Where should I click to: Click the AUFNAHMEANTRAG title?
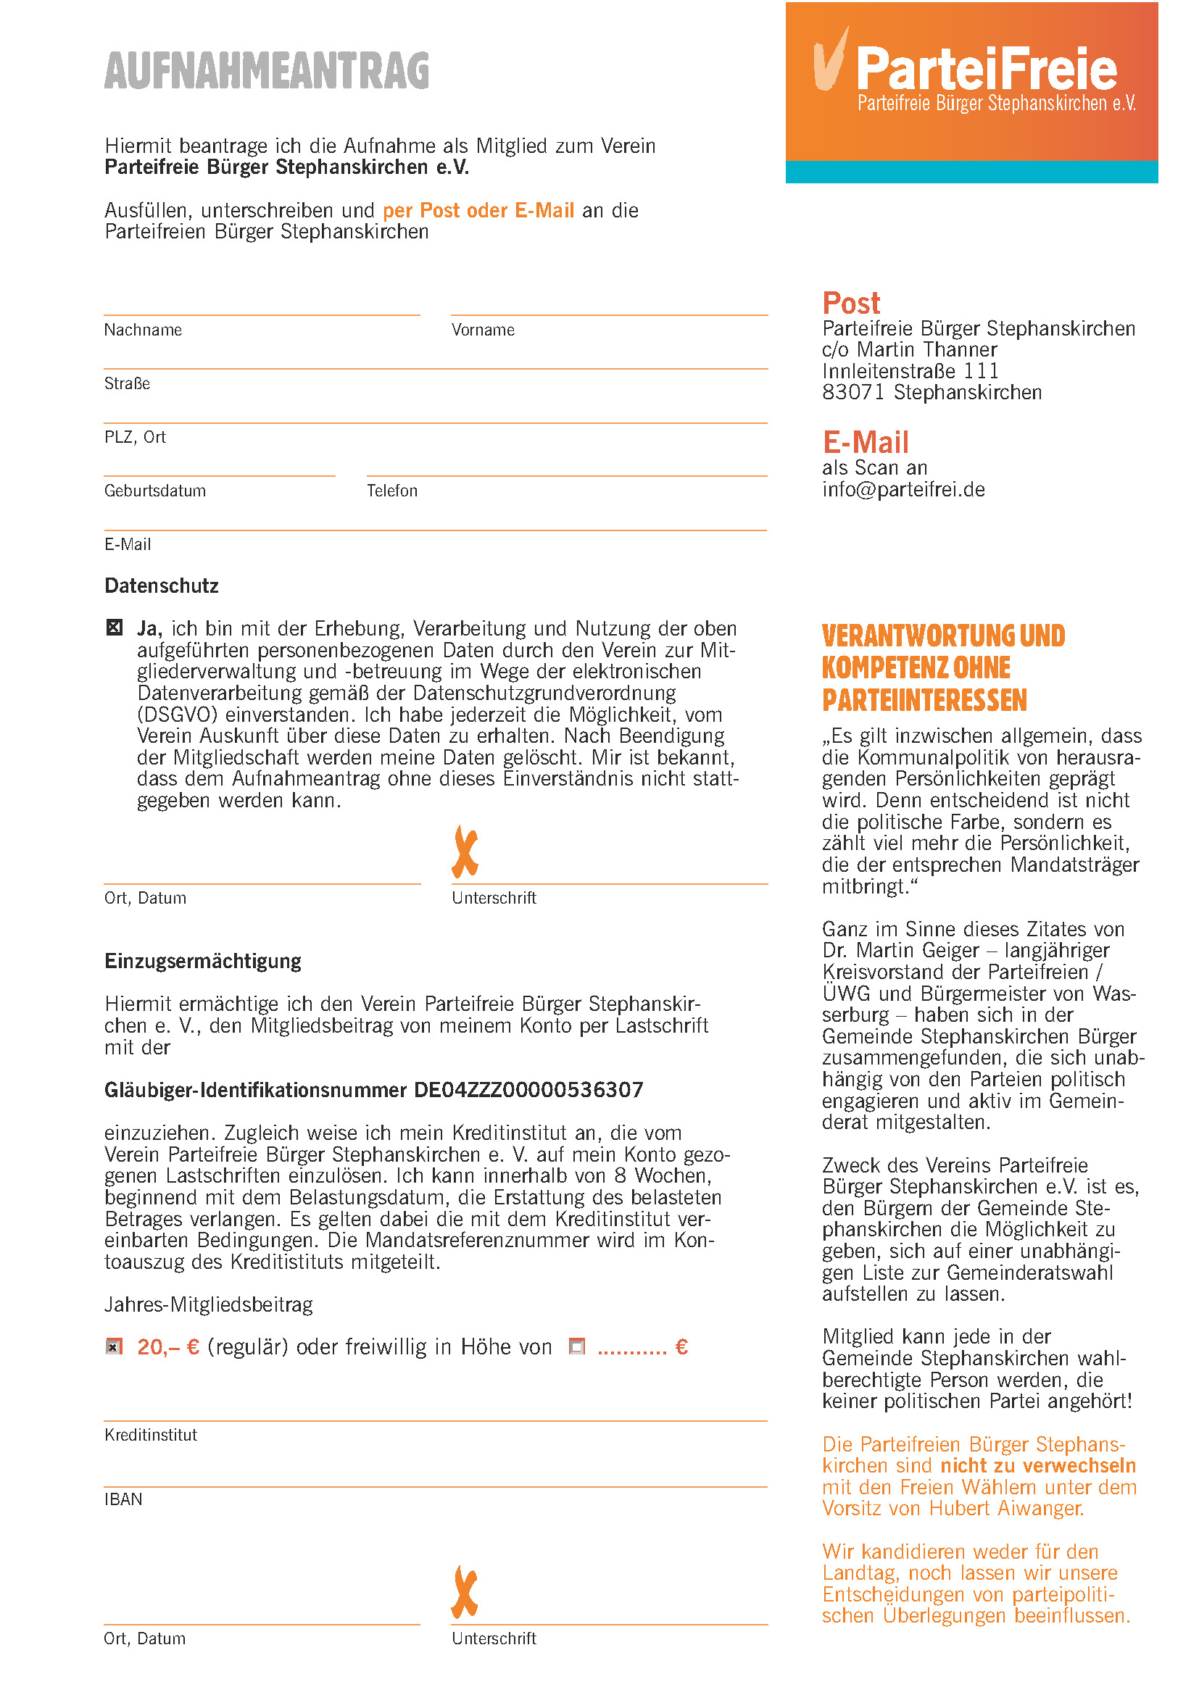(x=267, y=71)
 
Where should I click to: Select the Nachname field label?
(x=143, y=330)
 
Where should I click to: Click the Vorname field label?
(x=483, y=330)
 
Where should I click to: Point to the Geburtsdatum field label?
(x=154, y=491)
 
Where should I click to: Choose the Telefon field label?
(x=392, y=491)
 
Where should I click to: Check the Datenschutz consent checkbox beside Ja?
(x=115, y=628)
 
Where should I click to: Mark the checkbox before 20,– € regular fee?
(x=114, y=1347)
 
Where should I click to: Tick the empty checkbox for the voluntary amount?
(x=576, y=1346)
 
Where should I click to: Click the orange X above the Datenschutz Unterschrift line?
(x=465, y=852)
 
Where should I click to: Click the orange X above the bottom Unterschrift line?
(x=465, y=1592)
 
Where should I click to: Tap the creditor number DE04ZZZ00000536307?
(x=528, y=1091)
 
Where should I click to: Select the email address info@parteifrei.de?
(x=904, y=489)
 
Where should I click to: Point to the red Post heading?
(x=851, y=304)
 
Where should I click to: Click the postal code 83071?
(x=852, y=393)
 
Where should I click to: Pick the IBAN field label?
(x=123, y=1499)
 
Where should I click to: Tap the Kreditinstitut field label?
(x=151, y=1434)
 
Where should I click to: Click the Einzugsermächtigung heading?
(x=203, y=961)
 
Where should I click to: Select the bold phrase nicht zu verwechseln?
(x=1038, y=1465)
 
